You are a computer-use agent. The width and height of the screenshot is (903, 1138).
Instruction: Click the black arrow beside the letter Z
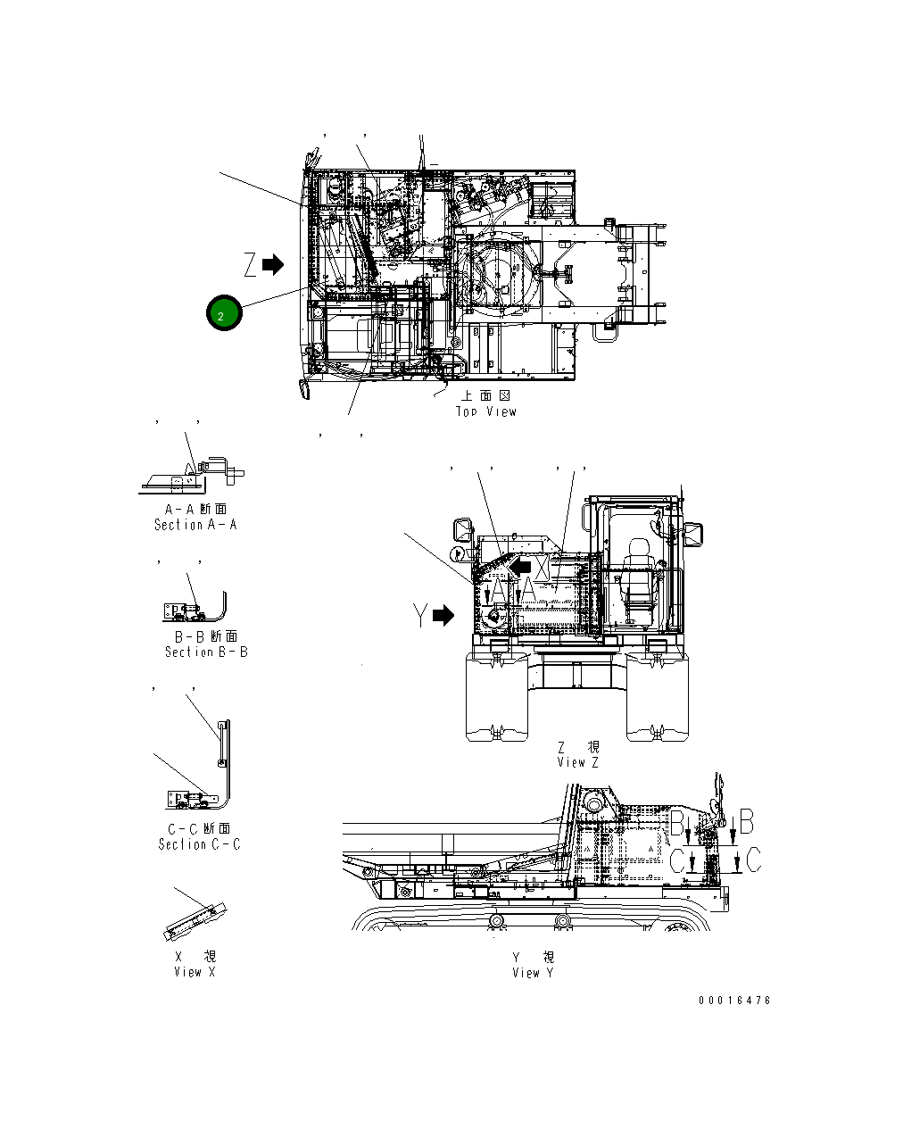(x=273, y=264)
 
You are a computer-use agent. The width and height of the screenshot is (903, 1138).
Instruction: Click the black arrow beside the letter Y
(x=443, y=616)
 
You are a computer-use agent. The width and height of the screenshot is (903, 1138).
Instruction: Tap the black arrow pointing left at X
(x=520, y=566)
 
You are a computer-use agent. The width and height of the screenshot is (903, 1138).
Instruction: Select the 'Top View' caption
(x=486, y=411)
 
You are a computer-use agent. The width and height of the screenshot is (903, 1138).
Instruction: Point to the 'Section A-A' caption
(x=195, y=525)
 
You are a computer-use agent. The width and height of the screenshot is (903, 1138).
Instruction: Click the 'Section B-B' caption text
(x=206, y=652)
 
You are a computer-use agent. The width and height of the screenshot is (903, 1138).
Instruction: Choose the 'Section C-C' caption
(x=199, y=843)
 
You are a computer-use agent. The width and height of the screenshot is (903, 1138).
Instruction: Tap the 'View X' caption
(x=195, y=972)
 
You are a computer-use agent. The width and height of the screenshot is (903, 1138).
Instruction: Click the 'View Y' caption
(x=533, y=972)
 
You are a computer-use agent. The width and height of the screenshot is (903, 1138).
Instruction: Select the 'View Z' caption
(x=578, y=762)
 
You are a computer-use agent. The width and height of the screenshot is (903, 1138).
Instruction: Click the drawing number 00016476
(x=734, y=1001)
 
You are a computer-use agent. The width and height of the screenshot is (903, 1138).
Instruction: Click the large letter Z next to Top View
(x=250, y=264)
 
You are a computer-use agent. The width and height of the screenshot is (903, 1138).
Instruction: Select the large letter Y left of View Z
(x=420, y=616)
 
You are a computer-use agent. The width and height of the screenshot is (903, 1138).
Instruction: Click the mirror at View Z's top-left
(x=464, y=528)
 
